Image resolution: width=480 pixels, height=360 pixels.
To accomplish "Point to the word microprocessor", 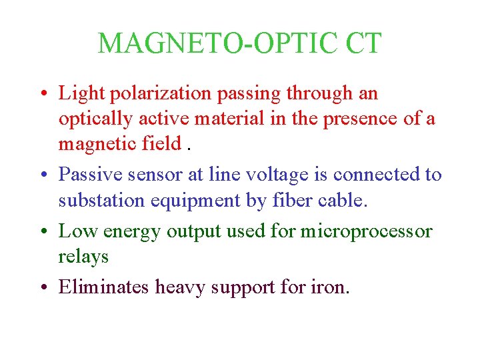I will coord(366,231).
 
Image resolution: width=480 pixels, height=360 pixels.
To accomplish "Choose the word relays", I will coord(83,256).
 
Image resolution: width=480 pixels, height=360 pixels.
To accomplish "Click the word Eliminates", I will coord(104,287).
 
